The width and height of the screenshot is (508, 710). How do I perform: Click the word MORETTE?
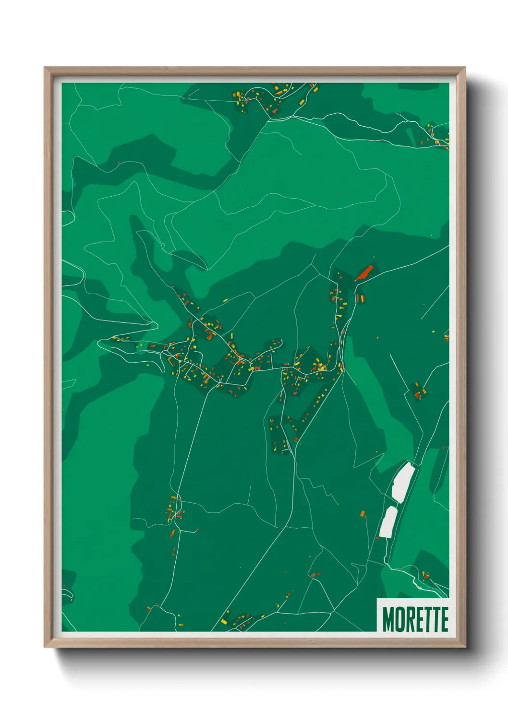point(415,619)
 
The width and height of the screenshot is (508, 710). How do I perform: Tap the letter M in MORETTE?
point(387,619)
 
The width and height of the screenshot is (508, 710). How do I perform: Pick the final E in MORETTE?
point(444,619)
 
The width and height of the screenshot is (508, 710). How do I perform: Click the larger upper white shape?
point(403,482)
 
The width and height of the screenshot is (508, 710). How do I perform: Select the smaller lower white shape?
point(388,522)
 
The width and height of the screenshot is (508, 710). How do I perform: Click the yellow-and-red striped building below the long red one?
point(361,298)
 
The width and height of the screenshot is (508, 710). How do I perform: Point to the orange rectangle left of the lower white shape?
point(363,514)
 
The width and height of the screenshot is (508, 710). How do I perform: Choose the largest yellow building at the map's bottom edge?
point(224,621)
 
